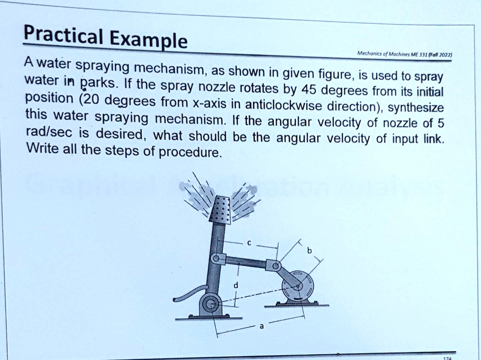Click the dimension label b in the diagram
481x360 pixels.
point(309,251)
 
